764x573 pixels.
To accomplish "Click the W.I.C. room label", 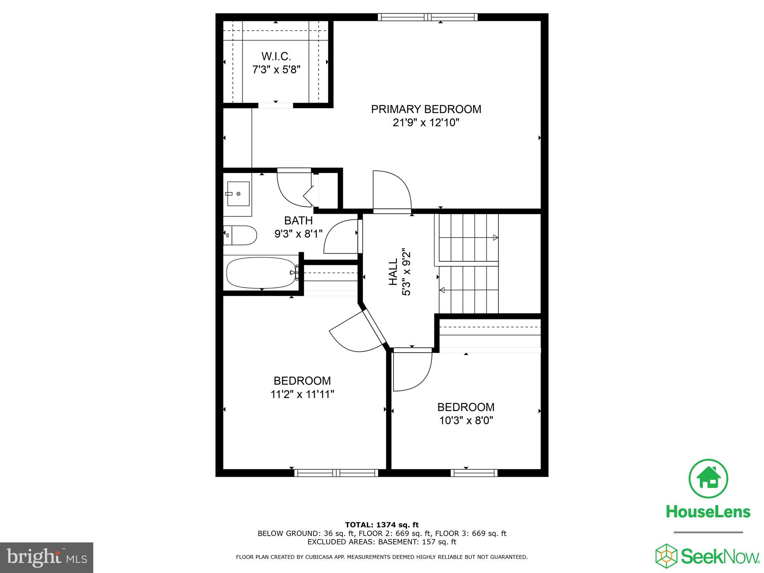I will click(x=276, y=56).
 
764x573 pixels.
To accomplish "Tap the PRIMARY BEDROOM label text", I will click(x=426, y=109).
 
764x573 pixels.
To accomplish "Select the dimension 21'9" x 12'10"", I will click(x=426, y=123).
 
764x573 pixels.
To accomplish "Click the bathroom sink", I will click(x=238, y=194).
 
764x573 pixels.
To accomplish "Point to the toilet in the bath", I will click(x=241, y=235).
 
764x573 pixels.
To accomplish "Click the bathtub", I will click(x=261, y=273).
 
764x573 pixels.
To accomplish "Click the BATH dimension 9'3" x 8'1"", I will click(x=298, y=234).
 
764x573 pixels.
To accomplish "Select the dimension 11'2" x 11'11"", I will click(x=302, y=394).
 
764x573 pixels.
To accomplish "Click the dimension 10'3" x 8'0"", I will click(x=466, y=420).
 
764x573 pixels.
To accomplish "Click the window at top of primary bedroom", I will click(x=428, y=17).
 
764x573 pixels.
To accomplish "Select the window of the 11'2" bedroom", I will click(x=336, y=473).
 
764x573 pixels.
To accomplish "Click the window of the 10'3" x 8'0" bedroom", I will click(x=474, y=473).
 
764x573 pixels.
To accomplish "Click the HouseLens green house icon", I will click(x=708, y=479).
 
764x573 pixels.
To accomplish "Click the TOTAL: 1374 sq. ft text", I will click(x=382, y=525).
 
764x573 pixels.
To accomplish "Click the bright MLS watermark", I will click(x=47, y=558).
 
